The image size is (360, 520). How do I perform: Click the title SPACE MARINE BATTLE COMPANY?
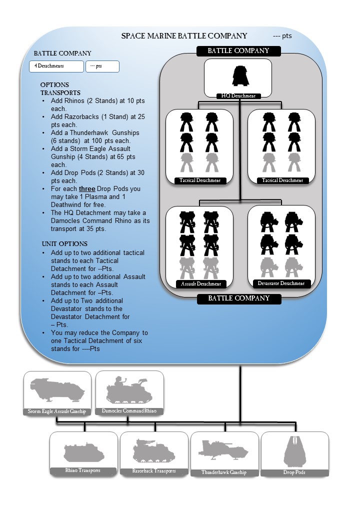point(184,36)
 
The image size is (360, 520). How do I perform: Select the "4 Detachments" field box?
point(56,66)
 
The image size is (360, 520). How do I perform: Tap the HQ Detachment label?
point(238,95)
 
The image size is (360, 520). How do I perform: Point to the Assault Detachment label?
point(200,284)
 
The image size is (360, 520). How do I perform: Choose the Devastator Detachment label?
point(281,283)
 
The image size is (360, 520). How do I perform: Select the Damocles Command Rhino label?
point(129,411)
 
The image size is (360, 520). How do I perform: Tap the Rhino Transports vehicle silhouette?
point(83,453)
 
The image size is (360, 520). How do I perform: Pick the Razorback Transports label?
point(154,471)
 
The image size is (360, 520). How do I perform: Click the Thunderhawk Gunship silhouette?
point(223,449)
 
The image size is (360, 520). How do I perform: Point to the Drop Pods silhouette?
point(295,451)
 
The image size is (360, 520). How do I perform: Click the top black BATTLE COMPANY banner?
point(238,51)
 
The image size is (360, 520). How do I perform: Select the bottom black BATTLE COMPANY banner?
point(238,298)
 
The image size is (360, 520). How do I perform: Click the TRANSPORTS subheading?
point(60,92)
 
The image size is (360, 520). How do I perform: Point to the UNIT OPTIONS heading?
point(64,244)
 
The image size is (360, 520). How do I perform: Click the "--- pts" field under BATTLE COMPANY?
point(102,66)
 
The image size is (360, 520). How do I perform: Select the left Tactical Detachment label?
point(200,180)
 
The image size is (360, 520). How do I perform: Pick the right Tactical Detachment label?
point(282,180)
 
